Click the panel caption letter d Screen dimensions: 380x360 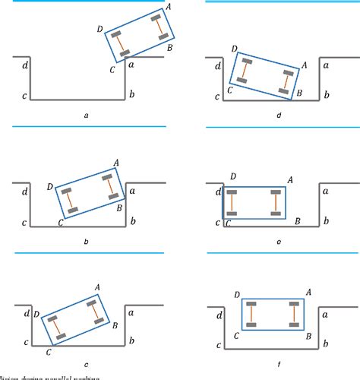click(x=279, y=115)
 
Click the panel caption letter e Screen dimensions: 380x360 click(x=279, y=241)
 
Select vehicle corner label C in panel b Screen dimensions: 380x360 click(x=61, y=223)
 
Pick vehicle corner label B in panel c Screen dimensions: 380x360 click(x=114, y=325)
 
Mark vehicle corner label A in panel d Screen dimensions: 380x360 click(x=303, y=66)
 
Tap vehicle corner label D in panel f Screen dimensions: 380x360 click(x=237, y=293)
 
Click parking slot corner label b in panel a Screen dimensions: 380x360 click(x=132, y=94)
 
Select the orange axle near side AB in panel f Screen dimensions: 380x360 click(x=293, y=315)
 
